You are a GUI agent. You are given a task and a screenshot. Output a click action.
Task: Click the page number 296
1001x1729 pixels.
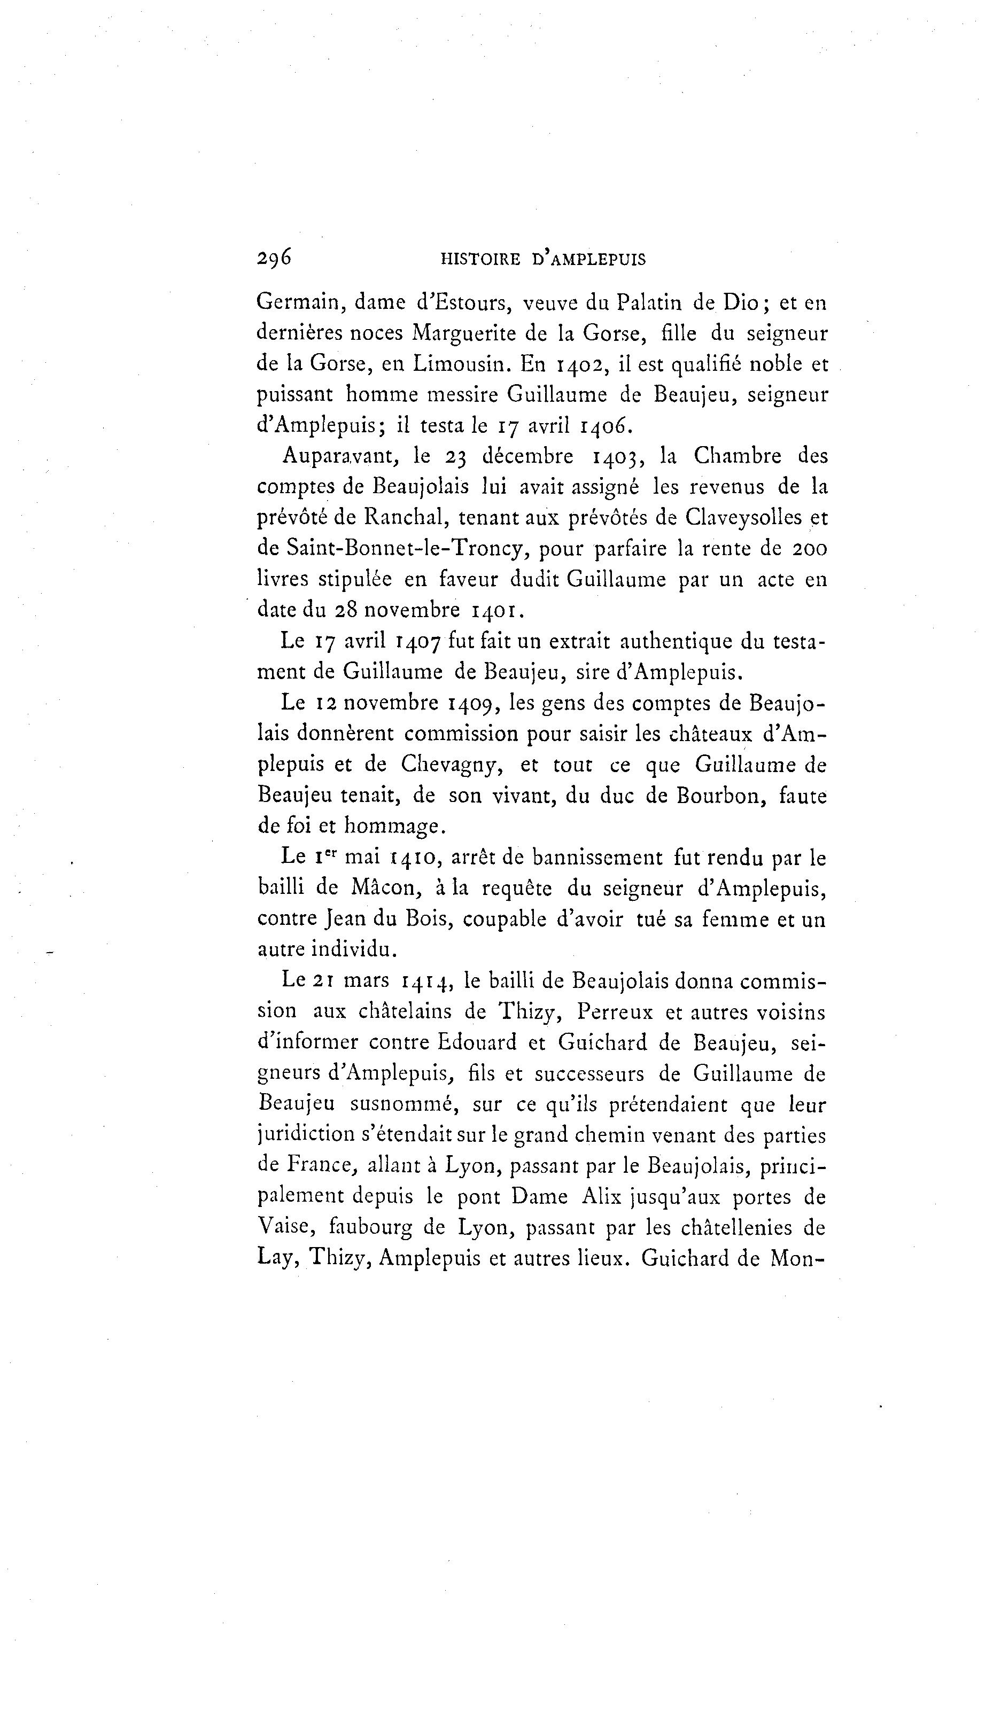(274, 258)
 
